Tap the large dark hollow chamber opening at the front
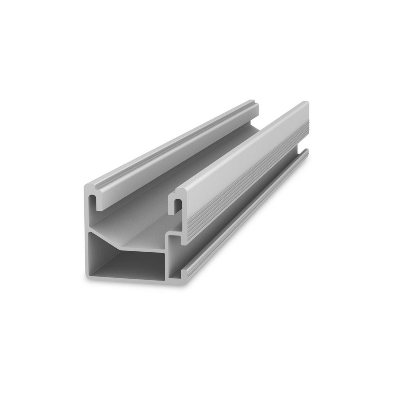coord(125,261)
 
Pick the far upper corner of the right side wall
coord(307,103)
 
